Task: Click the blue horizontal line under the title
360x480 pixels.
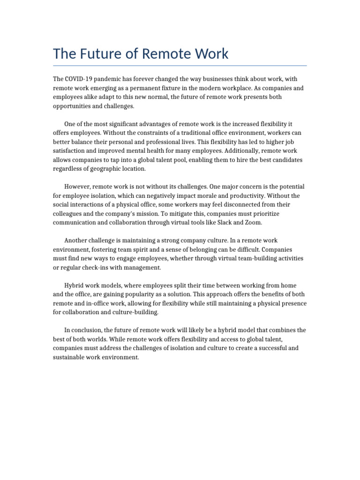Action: click(180, 66)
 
